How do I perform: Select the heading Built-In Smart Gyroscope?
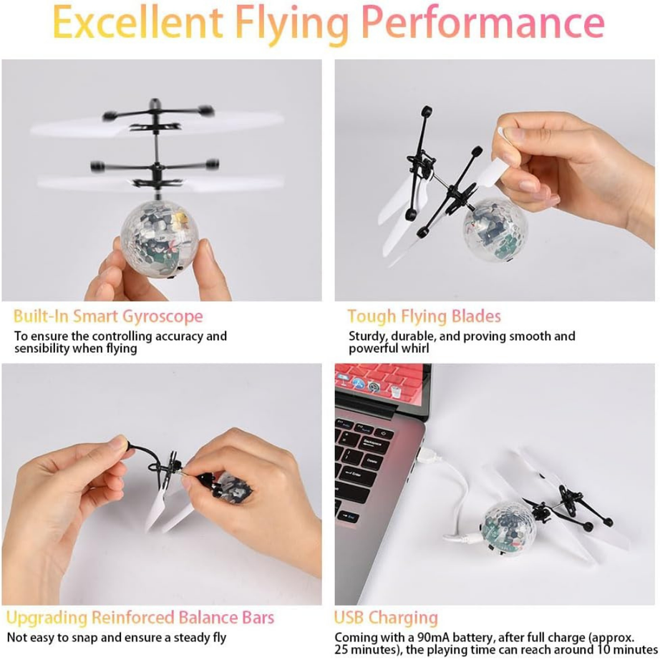[108, 316]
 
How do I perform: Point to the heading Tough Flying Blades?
[424, 316]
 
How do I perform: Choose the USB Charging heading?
[386, 618]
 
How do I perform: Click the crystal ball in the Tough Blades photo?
[494, 228]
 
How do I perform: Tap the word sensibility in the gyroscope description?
[44, 349]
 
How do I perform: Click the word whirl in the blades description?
[415, 349]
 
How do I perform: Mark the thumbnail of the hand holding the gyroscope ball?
[162, 180]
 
